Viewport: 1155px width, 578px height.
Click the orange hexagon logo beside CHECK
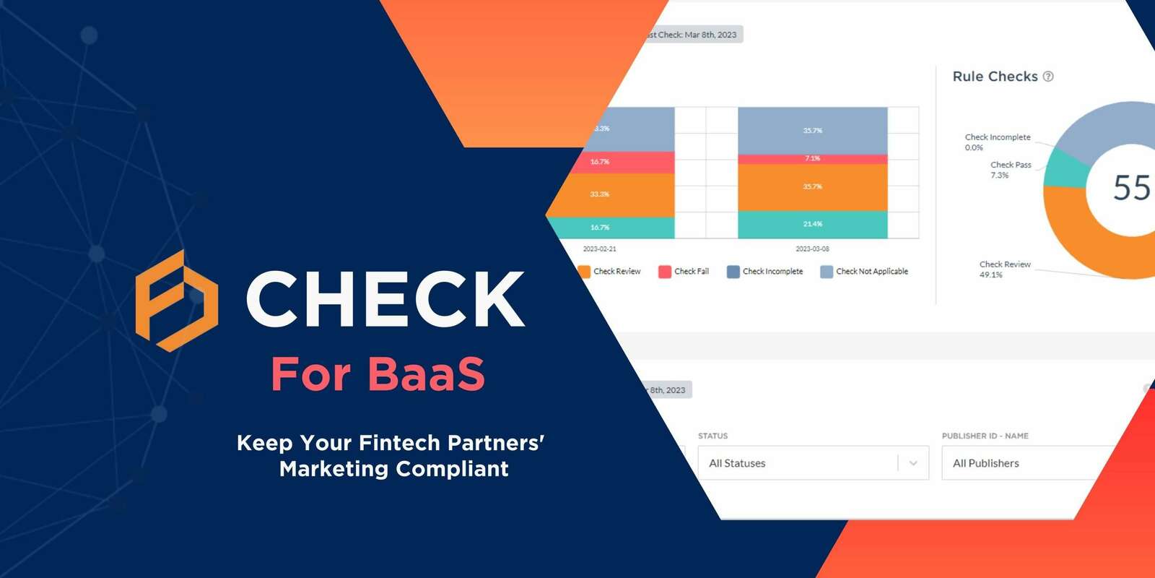pos(177,301)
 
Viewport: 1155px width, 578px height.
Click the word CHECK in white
pos(385,299)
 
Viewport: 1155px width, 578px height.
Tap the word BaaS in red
pos(426,374)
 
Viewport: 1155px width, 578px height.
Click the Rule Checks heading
pos(995,77)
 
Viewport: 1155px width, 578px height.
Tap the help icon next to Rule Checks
pos(1048,77)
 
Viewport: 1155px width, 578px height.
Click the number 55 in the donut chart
pos(1131,188)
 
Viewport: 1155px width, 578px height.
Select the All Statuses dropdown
pos(813,463)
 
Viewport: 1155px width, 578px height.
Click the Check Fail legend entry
pos(684,272)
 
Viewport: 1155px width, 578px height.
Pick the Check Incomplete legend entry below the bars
pos(764,272)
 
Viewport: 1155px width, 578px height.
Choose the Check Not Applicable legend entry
pos(864,272)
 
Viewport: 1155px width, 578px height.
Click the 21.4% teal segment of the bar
pos(812,224)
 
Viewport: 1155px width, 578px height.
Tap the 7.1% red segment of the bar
pos(812,158)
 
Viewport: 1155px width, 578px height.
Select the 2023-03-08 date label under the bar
pos(812,249)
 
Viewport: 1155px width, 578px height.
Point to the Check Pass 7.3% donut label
pos(1010,170)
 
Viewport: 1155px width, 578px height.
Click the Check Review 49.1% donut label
pos(1004,269)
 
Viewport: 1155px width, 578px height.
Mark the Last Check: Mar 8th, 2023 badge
pos(692,35)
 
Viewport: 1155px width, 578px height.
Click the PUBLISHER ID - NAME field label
pos(985,436)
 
